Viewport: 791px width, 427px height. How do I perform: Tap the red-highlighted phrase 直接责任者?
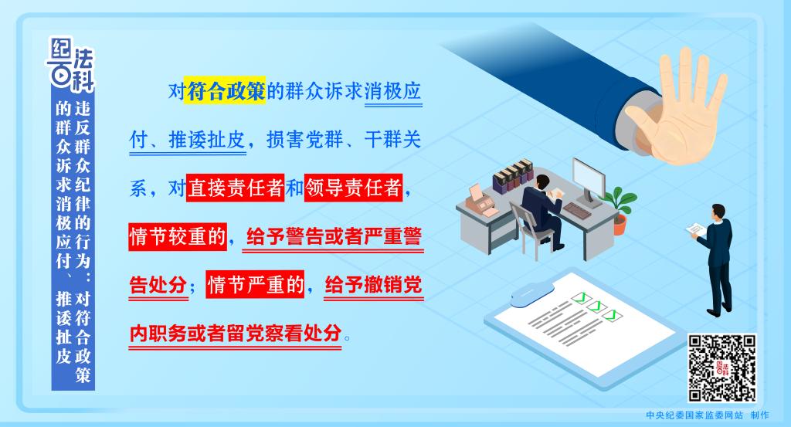(235, 188)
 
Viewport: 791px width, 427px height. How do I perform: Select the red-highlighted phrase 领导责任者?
(353, 188)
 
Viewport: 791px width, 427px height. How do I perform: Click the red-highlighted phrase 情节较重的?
(178, 236)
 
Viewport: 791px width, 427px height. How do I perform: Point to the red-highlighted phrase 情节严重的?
(255, 284)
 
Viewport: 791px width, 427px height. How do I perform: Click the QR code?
(722, 368)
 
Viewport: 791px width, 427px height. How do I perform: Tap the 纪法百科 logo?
(71, 65)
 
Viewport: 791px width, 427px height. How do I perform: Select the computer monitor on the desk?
(589, 181)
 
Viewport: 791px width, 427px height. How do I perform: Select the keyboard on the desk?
(576, 210)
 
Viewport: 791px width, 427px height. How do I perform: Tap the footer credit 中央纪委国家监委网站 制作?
(708, 415)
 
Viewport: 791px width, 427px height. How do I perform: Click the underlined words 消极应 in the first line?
(393, 91)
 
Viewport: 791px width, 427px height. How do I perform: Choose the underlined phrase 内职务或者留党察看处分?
(235, 334)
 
